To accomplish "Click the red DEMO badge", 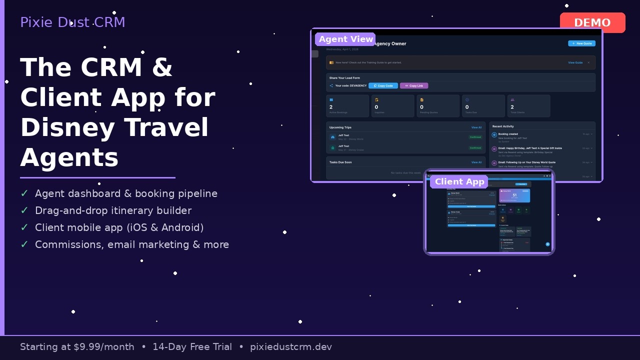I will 592,22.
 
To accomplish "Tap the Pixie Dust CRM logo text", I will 72,22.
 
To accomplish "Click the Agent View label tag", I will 346,39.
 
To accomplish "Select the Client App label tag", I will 459,181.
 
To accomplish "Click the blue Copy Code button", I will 383,85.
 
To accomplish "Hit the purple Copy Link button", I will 414,85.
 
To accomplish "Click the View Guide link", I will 575,62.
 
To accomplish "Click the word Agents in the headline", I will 69,157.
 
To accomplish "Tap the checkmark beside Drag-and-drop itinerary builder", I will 24,210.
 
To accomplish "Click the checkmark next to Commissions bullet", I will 24,244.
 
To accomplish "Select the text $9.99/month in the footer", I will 104,347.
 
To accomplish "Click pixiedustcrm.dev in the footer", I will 291,347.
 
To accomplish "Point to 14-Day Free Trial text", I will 192,347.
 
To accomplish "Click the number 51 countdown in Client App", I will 514,195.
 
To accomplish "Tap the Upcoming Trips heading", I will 340,127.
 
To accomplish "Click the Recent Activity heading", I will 503,126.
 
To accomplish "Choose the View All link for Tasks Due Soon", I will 476,162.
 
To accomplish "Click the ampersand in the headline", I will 162,67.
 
